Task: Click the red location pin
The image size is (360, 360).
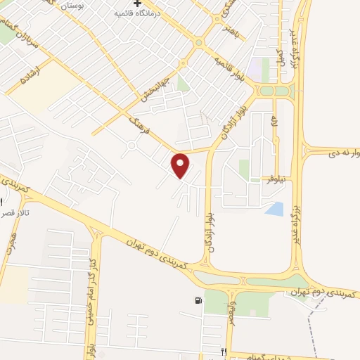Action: pyautogui.click(x=181, y=165)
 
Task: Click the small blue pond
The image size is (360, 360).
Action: pyautogui.click(x=276, y=209)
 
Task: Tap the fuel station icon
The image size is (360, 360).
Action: pyautogui.click(x=199, y=302)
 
